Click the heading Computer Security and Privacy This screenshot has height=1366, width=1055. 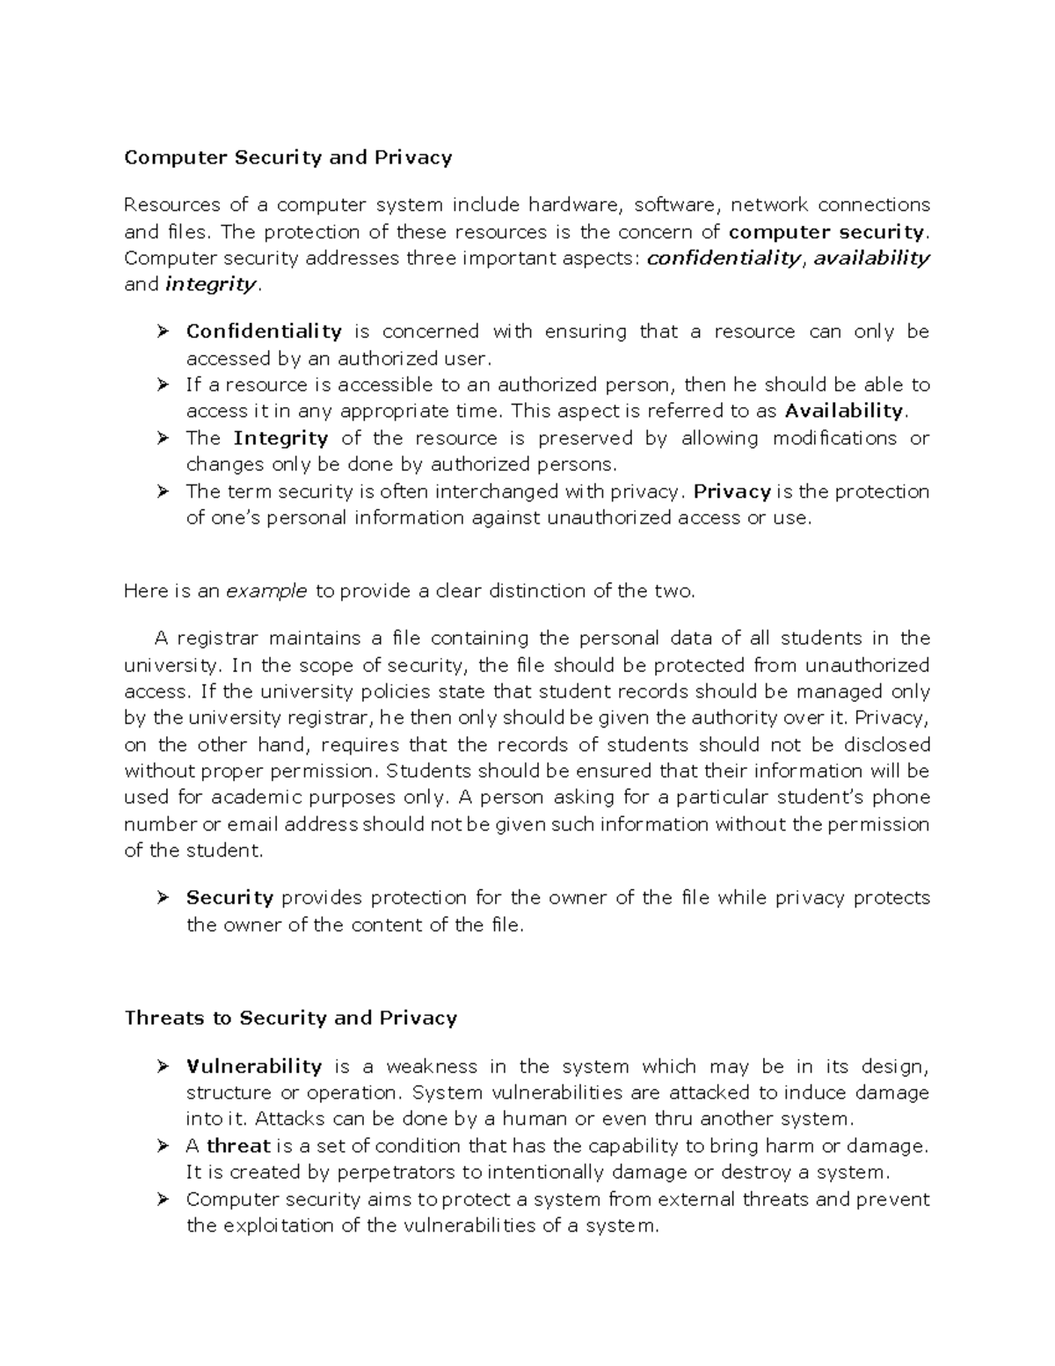pyautogui.click(x=287, y=157)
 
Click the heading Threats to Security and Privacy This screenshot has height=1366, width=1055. pyautogui.click(x=290, y=1018)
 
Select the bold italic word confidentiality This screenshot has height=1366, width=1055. pyautogui.click(x=724, y=258)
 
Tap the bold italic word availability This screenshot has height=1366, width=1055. pyautogui.click(x=871, y=258)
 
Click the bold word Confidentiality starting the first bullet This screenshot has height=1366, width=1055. pyautogui.click(x=264, y=332)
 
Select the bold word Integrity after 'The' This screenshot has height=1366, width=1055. pyautogui.click(x=280, y=438)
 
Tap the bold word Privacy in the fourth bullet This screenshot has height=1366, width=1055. pyautogui.click(x=732, y=491)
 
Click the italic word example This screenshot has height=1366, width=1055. pyautogui.click(x=266, y=591)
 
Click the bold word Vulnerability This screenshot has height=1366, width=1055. pyautogui.click(x=254, y=1066)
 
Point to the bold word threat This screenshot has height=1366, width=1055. pyautogui.click(x=238, y=1146)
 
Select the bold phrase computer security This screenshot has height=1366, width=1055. pyautogui.click(x=827, y=231)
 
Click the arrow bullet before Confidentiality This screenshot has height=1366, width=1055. pyautogui.click(x=162, y=332)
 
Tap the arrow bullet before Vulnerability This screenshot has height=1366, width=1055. pyautogui.click(x=162, y=1066)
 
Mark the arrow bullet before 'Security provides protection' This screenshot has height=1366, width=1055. pyautogui.click(x=162, y=898)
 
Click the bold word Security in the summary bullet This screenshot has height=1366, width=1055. pyautogui.click(x=229, y=898)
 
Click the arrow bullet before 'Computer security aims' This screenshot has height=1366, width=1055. pyautogui.click(x=162, y=1199)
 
